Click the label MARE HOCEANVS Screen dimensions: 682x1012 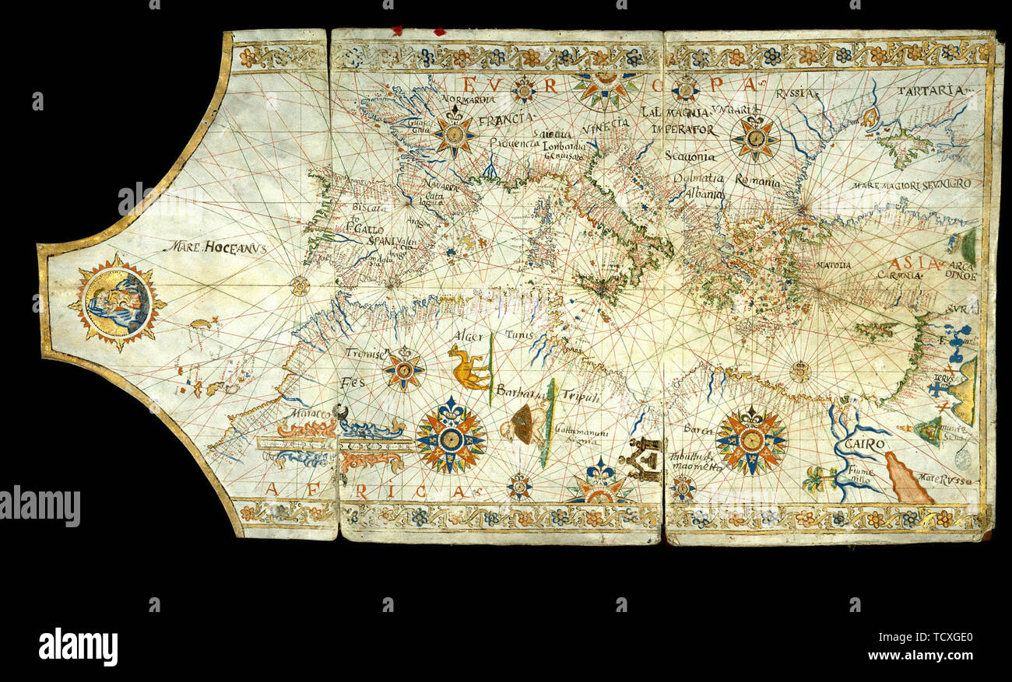215,247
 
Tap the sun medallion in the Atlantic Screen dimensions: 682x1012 117,302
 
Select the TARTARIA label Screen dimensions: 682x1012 924,91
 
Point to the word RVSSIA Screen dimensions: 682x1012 797,94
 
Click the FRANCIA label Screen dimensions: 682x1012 506,120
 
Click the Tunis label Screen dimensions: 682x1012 517,334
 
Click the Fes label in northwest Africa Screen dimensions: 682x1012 352,383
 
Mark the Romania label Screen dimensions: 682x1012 756,182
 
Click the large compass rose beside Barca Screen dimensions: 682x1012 750,441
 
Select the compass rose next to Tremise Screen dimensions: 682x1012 403,369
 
